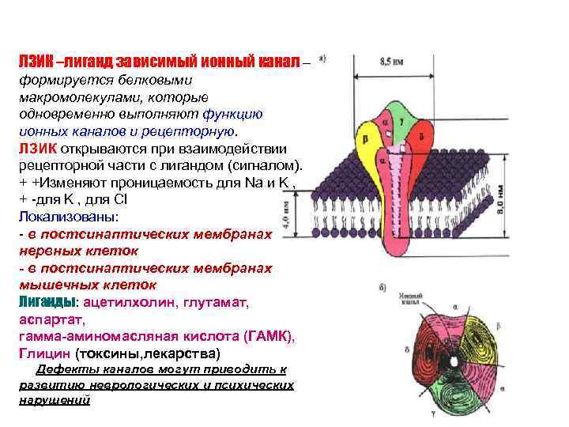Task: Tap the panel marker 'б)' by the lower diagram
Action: pos(382,289)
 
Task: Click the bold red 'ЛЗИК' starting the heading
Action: pos(32,61)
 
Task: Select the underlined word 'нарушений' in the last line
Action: pos(54,400)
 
